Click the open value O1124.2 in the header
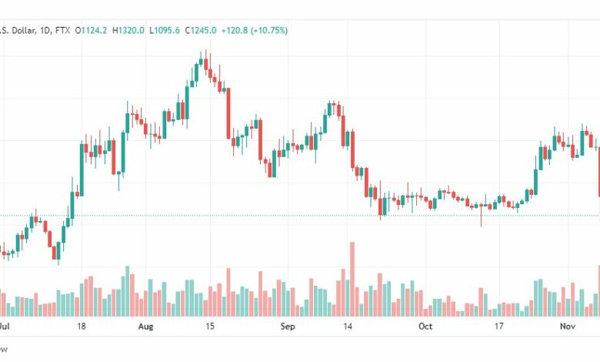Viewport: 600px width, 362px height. (x=89, y=31)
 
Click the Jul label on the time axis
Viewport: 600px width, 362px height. (x=5, y=327)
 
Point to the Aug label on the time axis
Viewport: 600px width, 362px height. (x=146, y=327)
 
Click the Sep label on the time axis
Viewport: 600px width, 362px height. (x=287, y=327)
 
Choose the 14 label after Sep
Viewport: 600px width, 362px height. (x=348, y=327)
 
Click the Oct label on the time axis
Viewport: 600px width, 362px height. (x=425, y=327)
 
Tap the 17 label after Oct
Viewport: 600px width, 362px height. (x=498, y=327)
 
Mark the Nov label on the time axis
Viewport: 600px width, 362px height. (x=567, y=327)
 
